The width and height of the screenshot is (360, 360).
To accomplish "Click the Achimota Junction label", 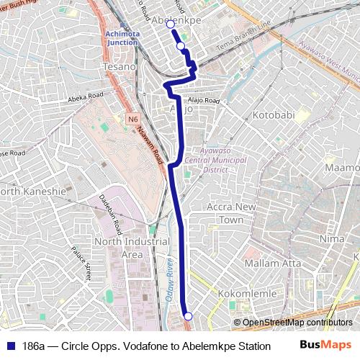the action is (x=120, y=37).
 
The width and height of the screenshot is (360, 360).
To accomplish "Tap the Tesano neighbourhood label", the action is (x=119, y=66).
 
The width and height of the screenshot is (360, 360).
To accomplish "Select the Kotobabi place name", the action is (x=275, y=114).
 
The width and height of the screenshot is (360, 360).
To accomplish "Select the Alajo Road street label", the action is (x=202, y=101).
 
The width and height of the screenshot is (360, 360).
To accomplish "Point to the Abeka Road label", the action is (x=86, y=96).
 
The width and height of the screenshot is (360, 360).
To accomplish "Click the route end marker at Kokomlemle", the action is (x=188, y=317).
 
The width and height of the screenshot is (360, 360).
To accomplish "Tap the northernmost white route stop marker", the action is (x=171, y=24).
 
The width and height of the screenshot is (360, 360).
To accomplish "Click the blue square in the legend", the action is (x=11, y=346).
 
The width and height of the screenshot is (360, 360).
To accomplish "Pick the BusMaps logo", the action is (x=325, y=345).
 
